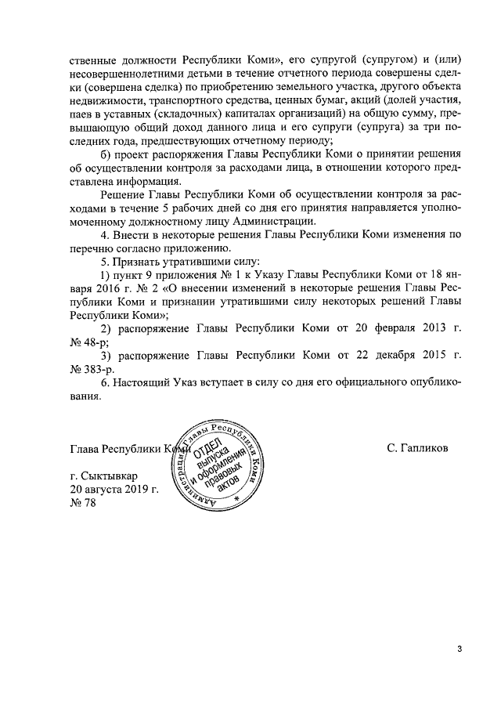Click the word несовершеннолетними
pyautogui.click(x=126, y=73)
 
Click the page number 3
pyautogui.click(x=460, y=649)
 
